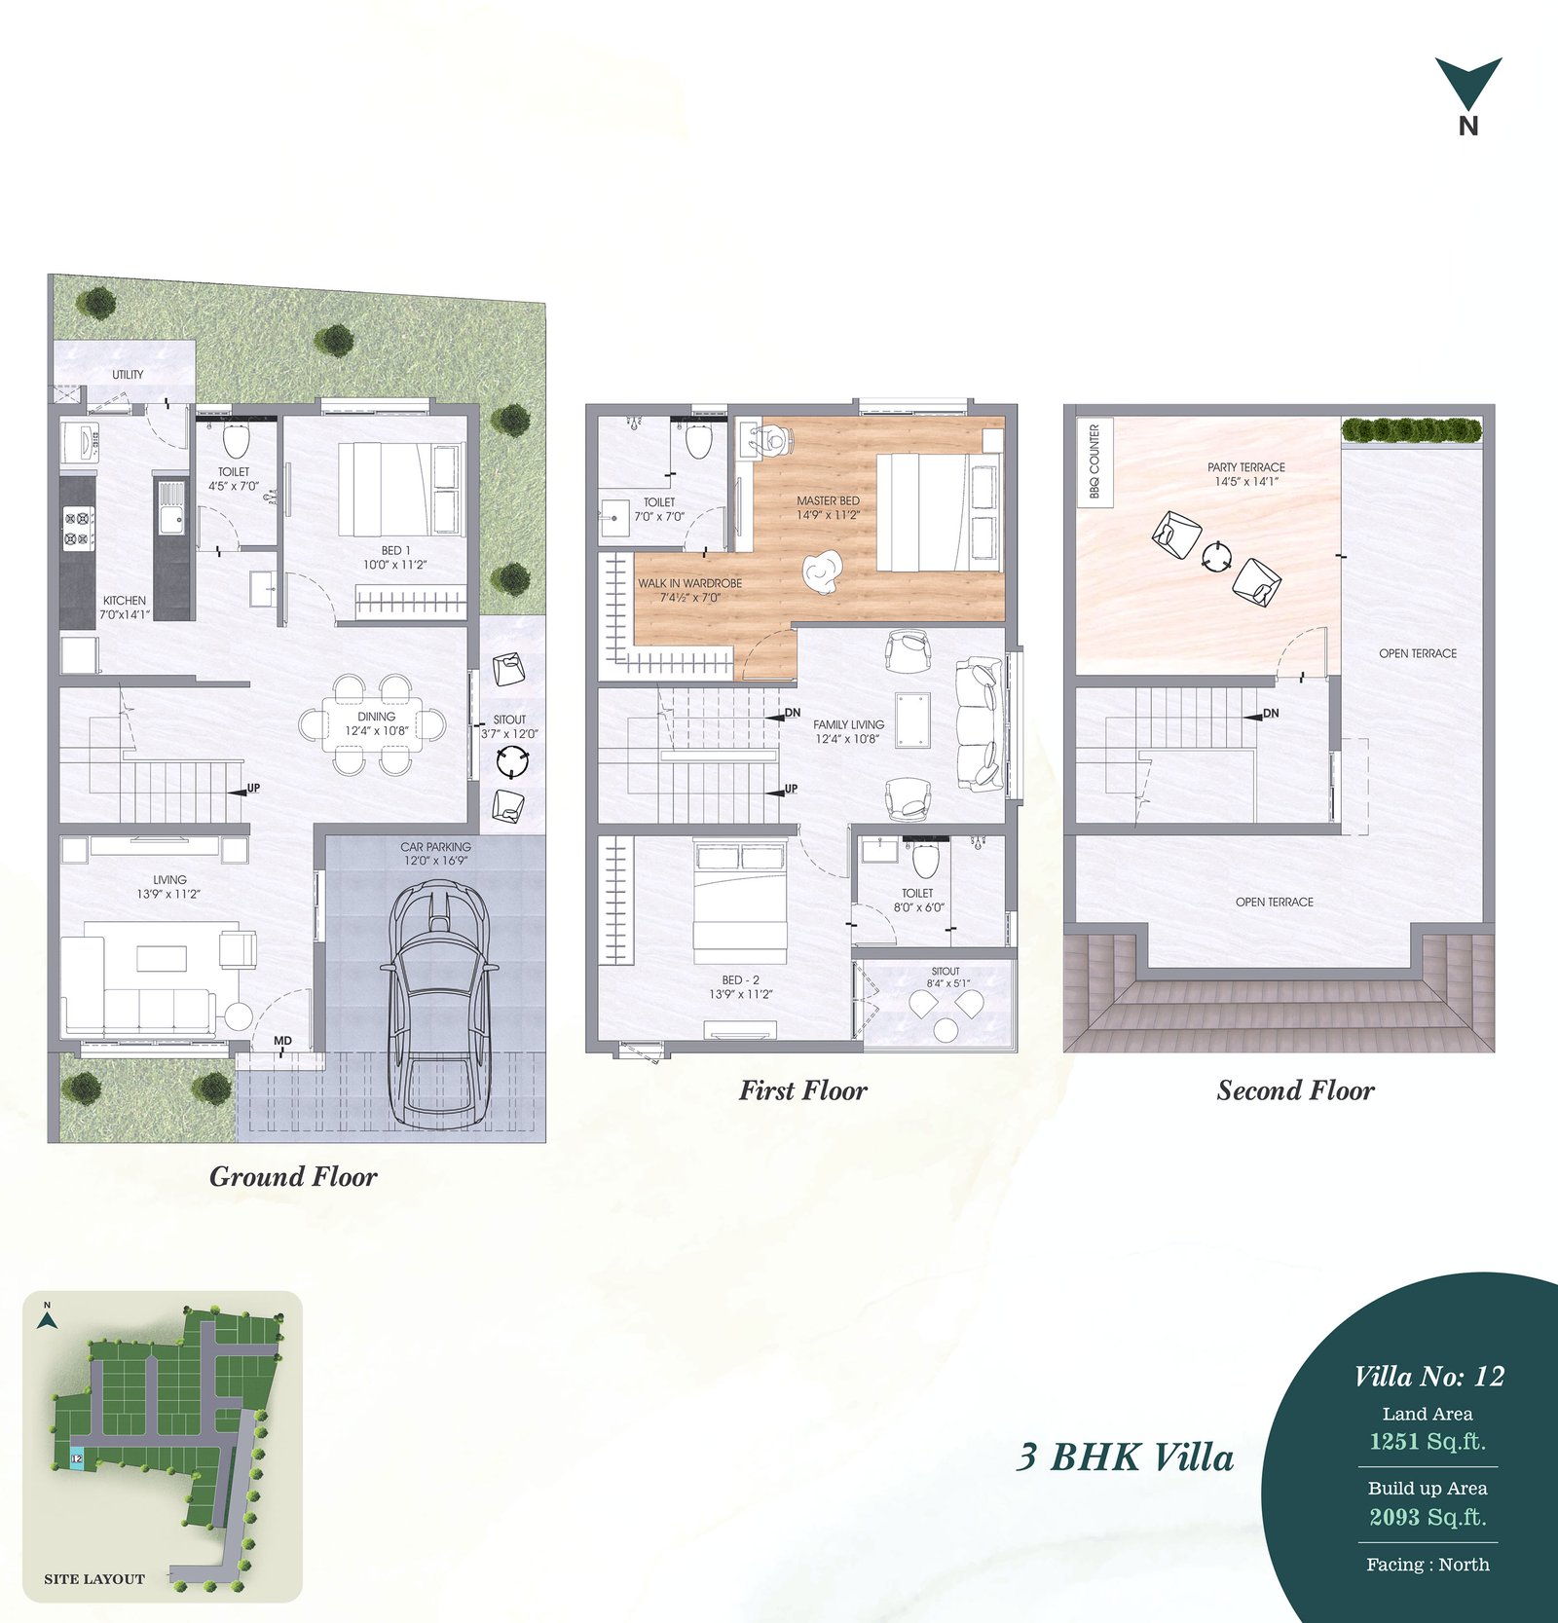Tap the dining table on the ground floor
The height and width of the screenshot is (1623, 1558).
click(375, 724)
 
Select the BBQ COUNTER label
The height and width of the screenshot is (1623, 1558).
click(1094, 461)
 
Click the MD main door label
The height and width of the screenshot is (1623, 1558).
click(282, 1041)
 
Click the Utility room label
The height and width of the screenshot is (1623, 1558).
click(128, 374)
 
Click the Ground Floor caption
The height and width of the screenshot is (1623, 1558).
click(293, 1176)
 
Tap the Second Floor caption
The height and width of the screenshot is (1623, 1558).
click(1295, 1090)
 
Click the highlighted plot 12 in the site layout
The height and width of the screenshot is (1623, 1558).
click(77, 1458)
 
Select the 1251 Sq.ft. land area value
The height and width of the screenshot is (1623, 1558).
click(1428, 1442)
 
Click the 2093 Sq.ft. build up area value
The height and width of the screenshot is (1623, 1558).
click(1428, 1517)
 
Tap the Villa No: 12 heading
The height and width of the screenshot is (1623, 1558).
click(1428, 1376)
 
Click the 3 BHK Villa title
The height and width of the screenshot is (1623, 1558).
click(1126, 1457)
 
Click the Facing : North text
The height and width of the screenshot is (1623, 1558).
click(1428, 1565)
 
